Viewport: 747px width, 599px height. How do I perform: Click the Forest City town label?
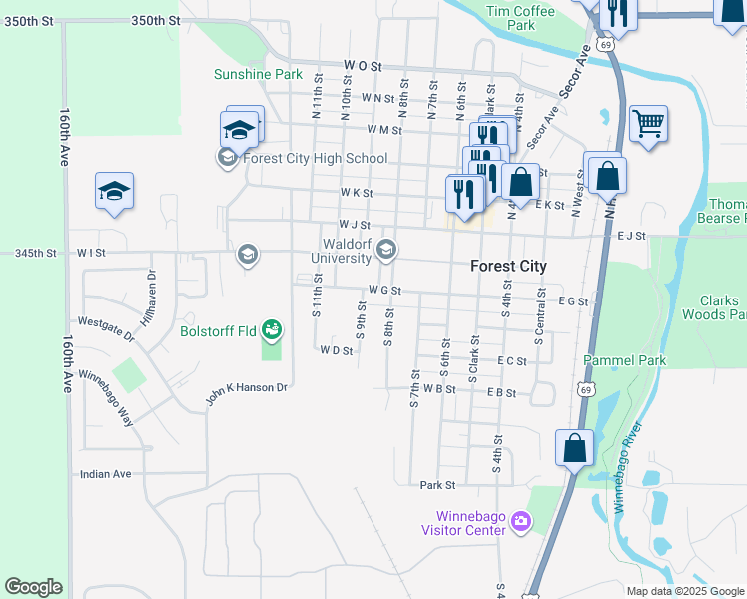[509, 267]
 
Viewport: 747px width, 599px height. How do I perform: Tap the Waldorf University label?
[347, 251]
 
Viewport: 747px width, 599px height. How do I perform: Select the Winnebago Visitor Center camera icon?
[519, 522]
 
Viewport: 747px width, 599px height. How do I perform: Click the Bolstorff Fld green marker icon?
[271, 328]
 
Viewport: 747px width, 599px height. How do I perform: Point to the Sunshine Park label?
[258, 74]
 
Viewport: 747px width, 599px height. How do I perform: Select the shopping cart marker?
[648, 124]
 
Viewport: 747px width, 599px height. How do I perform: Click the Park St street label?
[437, 485]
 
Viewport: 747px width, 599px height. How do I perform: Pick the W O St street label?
[364, 65]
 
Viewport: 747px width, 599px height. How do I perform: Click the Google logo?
[33, 587]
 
